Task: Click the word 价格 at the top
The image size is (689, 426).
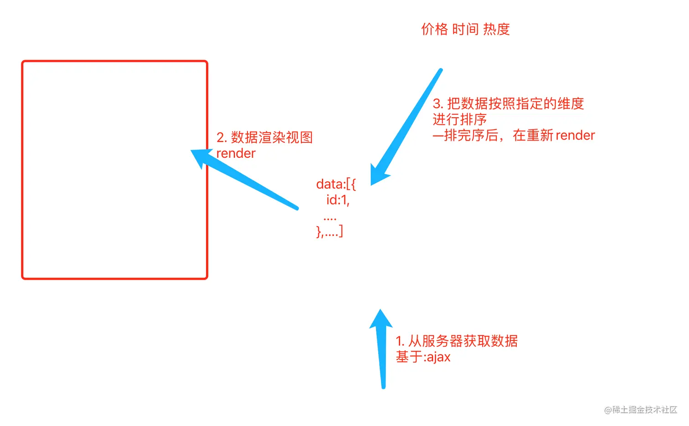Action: (434, 29)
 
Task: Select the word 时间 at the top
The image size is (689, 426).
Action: (465, 29)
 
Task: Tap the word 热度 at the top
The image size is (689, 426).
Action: (496, 29)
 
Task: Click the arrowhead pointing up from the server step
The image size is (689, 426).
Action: (381, 320)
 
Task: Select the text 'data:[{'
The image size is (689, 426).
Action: (336, 184)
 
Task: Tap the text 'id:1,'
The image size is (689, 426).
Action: (338, 200)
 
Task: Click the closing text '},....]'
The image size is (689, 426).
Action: (329, 232)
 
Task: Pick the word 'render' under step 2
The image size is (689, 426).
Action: (236, 153)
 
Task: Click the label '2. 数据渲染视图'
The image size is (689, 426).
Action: (264, 137)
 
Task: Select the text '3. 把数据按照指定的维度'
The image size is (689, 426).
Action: (508, 104)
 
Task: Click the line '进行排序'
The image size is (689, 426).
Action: (459, 119)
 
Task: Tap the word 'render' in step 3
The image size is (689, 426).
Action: (575, 135)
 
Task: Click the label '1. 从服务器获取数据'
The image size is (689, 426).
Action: (457, 341)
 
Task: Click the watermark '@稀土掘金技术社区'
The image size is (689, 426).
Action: (640, 410)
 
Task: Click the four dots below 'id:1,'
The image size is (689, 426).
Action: (329, 218)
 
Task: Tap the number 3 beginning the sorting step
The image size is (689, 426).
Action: (437, 104)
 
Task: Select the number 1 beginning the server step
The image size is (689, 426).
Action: (399, 341)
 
